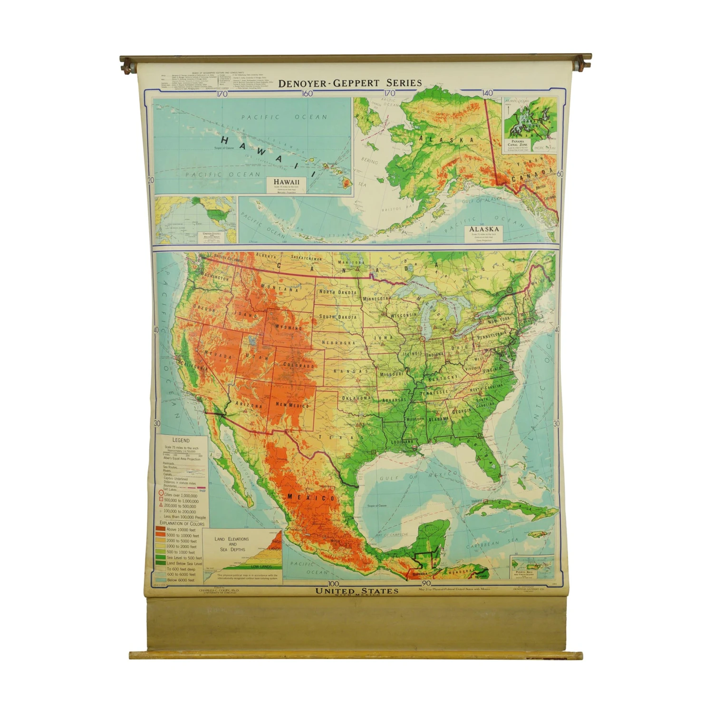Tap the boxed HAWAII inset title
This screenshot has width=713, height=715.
(x=287, y=182)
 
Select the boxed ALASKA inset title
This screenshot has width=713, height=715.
(x=484, y=229)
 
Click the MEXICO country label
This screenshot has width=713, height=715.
(x=311, y=498)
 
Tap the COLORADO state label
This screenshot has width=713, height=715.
(x=299, y=365)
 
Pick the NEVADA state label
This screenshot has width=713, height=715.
(x=218, y=354)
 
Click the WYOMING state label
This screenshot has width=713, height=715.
(x=288, y=327)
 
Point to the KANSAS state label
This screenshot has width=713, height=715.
(x=351, y=371)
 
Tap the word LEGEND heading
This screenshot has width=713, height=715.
(x=181, y=441)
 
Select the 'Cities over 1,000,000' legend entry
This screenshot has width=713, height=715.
(x=180, y=495)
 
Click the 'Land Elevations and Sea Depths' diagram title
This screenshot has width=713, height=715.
(x=231, y=544)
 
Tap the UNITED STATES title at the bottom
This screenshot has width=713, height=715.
(x=357, y=591)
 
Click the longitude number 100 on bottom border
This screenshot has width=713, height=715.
(x=333, y=584)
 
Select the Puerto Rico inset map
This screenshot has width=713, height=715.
(x=532, y=567)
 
